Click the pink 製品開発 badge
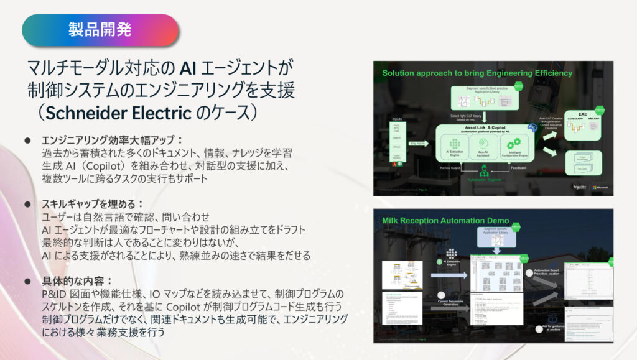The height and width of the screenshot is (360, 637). click(100, 29)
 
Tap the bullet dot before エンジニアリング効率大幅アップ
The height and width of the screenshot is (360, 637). click(27, 140)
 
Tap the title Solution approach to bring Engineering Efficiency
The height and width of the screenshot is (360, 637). click(477, 73)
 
